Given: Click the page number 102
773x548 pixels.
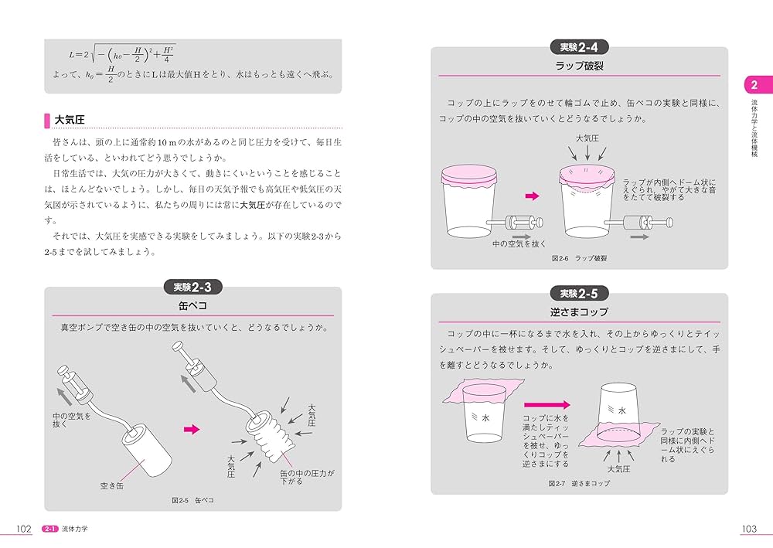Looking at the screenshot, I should coord(24,529).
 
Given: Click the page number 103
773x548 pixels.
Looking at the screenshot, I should coord(747,529).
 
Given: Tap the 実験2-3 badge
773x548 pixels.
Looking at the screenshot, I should coord(193,288).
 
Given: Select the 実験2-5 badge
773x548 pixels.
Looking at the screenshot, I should coord(579,294).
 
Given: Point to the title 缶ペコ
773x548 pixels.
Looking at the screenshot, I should coord(192,306).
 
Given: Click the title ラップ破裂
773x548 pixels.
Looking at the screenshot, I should coord(579,66).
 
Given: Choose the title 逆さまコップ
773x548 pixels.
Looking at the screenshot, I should coord(579,312).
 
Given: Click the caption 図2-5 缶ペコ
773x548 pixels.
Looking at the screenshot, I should coord(192,500).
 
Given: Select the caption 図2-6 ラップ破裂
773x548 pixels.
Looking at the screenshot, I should coord(579,258).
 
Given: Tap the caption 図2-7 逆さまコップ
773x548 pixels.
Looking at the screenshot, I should coord(579,483).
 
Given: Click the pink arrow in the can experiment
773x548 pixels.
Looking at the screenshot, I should coord(191,429).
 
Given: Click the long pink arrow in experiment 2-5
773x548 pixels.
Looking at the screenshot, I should coord(547,404).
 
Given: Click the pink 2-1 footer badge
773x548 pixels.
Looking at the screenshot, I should coord(50,529).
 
